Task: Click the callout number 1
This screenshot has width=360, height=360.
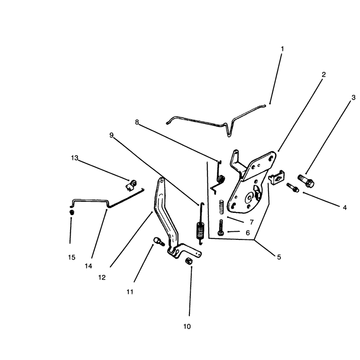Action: click(282, 49)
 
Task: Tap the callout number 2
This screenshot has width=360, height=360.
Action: click(324, 75)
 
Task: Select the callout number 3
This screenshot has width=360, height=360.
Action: click(353, 98)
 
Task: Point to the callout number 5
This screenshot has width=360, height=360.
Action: click(279, 257)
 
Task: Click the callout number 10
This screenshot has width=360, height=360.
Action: click(187, 327)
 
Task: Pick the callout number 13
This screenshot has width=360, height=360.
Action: click(74, 158)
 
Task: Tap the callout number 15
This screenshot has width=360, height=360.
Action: click(72, 257)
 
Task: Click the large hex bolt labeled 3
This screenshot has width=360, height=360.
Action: click(306, 181)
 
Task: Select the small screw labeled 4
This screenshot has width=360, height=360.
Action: click(293, 187)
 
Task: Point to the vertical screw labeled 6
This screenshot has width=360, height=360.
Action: click(221, 228)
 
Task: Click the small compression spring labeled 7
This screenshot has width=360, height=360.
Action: click(221, 207)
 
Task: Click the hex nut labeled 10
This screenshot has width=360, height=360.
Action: click(189, 261)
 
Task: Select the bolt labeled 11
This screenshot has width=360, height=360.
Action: click(159, 241)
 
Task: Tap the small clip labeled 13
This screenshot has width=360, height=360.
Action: click(131, 185)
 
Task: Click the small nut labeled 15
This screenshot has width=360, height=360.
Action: click(72, 212)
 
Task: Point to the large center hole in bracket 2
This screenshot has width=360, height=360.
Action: click(249, 198)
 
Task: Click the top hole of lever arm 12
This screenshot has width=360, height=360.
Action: click(162, 181)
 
